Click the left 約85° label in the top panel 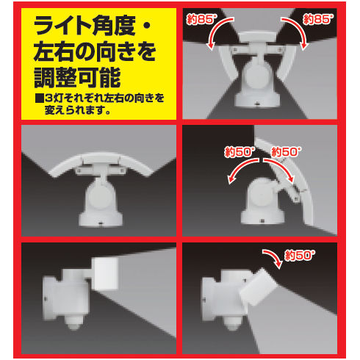201,19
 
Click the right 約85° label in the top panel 318,19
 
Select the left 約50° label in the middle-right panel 240,152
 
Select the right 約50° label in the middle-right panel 286,152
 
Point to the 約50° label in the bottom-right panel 299,256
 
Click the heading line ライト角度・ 92,26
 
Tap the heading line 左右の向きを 95,51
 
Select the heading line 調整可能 77,77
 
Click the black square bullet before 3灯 39,98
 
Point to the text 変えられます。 77,110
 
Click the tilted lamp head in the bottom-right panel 258,287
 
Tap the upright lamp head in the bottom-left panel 105,273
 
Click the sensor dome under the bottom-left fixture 74,324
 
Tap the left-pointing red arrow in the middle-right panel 242,168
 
